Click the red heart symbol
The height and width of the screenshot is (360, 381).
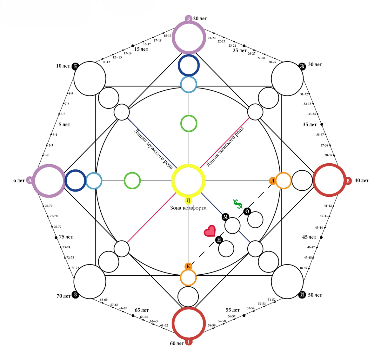pyautogui.click(x=209, y=231)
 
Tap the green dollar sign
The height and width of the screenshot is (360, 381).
pyautogui.click(x=237, y=205)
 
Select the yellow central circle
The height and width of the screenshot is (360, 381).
pyautogui.click(x=188, y=180)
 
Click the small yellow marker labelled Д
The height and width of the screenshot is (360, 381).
pyautogui.click(x=188, y=200)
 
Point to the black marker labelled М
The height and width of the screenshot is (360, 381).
pyautogui.click(x=226, y=217)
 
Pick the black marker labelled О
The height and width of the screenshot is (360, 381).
pyautogui.click(x=247, y=211)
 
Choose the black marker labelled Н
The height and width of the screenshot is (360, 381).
pyautogui.click(x=219, y=239)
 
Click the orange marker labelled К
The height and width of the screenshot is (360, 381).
pyautogui.click(x=188, y=266)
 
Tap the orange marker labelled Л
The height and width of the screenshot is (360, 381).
pyautogui.click(x=272, y=181)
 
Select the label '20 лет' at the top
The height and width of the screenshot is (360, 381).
pyautogui.click(x=200, y=19)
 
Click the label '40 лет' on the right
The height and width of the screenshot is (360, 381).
pyautogui.click(x=361, y=180)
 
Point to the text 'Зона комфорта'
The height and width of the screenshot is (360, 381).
pyautogui.click(x=188, y=208)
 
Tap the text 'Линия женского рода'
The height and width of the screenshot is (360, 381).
pyautogui.click(x=225, y=146)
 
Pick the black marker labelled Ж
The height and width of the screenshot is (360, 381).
pyautogui.click(x=302, y=66)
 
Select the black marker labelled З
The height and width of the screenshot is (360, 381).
pyautogui.click(x=76, y=295)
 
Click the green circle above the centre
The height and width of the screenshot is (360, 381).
pyautogui.click(x=189, y=123)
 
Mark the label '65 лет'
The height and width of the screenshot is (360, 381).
pyautogui.click(x=142, y=310)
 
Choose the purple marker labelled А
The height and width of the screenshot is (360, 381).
pyautogui.click(x=30, y=180)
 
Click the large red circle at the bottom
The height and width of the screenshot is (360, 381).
pyautogui.click(x=188, y=324)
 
